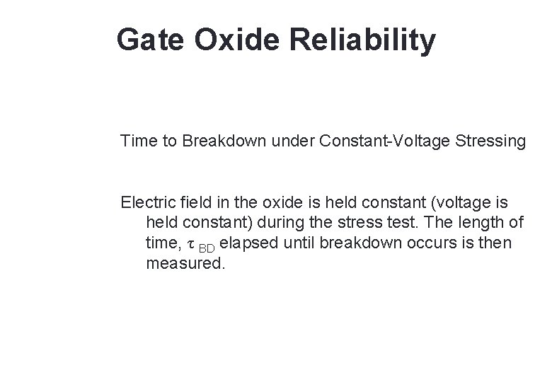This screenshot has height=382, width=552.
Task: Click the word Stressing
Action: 490,141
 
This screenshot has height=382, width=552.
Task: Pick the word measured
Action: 184,264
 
